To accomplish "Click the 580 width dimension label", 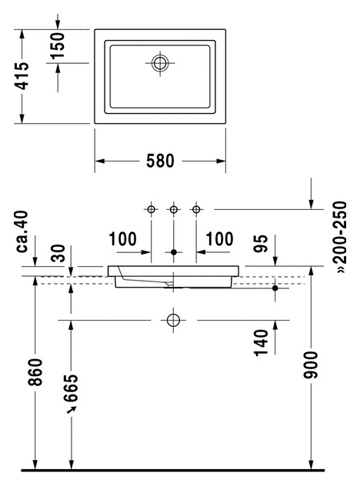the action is point(160,161).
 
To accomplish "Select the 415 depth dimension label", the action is point(22,76).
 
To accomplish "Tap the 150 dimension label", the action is point(58,45).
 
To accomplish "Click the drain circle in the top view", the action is point(160,63).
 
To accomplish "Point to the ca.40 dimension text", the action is point(22,231).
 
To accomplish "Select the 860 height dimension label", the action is point(35,372).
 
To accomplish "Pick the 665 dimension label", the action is point(71,388).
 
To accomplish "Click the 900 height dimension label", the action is point(311,365).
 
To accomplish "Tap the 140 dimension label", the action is point(261,343).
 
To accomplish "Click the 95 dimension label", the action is point(261,244).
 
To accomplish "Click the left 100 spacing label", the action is point(123,239).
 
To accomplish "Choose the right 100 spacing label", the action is point(219,239).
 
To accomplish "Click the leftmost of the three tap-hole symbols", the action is point(151,209).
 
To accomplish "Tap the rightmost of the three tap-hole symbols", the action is point(196,209).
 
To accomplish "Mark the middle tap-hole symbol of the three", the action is point(174,209).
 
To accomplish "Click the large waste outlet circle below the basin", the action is point(173,320).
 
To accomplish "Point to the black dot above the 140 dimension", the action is point(275,288).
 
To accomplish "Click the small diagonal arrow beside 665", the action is point(72,410).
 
